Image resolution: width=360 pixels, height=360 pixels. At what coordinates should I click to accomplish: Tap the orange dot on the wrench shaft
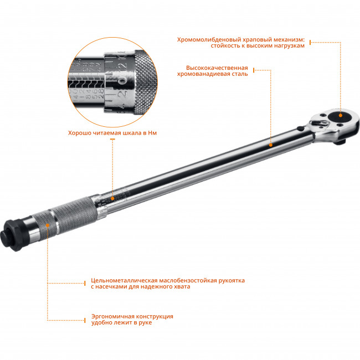270,145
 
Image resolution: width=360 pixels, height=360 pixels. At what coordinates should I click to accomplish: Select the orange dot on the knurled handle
48,225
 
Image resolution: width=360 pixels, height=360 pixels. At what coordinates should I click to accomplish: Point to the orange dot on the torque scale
112,197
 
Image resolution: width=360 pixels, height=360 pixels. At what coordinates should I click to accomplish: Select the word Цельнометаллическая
125,280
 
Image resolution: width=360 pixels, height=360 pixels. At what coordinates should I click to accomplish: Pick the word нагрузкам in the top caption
290,47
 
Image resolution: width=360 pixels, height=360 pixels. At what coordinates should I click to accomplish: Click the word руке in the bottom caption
143,323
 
